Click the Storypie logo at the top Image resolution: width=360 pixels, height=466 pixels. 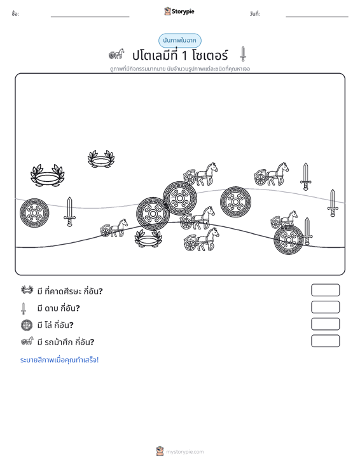point(179,11)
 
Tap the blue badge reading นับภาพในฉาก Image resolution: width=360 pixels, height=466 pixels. point(179,41)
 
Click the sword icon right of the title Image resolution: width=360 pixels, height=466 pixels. point(243,54)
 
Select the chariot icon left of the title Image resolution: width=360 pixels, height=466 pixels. point(116,54)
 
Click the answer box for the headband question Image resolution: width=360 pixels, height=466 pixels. point(325,290)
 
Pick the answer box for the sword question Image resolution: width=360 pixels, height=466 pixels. point(325,307)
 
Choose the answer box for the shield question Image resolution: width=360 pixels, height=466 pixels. point(325,324)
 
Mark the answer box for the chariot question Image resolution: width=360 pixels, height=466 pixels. point(325,341)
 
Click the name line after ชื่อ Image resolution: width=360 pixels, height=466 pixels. point(90,17)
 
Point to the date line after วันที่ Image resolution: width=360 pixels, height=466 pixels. point(317,17)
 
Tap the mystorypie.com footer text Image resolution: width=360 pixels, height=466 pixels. point(184,452)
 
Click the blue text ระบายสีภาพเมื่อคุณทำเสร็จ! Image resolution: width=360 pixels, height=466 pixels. point(59,360)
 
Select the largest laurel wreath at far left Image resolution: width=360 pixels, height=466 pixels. point(48,175)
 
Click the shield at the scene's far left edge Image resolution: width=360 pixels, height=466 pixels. point(34,213)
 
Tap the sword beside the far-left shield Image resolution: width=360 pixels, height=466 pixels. point(69,212)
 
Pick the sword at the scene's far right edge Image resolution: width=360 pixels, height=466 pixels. point(333,203)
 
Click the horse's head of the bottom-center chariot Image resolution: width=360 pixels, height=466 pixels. point(214,233)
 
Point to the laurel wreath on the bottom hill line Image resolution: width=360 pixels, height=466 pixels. point(148,238)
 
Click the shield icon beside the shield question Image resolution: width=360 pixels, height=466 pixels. point(27,325)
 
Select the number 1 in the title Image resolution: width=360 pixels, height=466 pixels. point(184,55)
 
